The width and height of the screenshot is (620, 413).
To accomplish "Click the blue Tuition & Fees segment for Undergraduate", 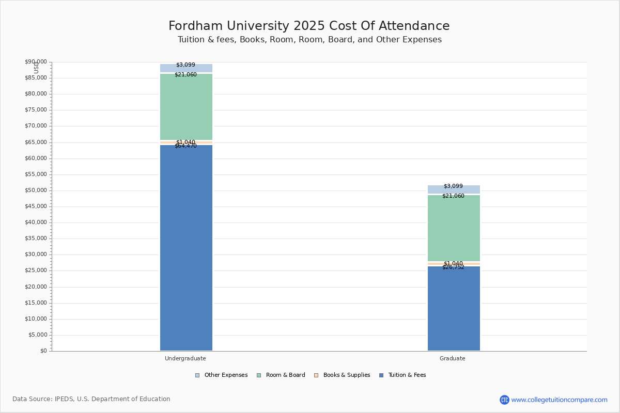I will coord(186,248).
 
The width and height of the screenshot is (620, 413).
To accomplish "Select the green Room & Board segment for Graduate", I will coord(454,228).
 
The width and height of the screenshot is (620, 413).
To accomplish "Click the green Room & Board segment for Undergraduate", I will coord(186,107).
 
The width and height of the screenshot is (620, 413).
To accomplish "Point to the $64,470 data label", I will coord(185,146).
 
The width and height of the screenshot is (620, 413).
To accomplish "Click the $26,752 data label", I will coord(453,267).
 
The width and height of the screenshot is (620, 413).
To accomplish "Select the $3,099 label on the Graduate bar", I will coord(453,186).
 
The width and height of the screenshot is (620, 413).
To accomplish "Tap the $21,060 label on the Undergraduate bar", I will coord(185,75).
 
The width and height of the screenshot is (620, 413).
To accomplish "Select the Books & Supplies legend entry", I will coord(346,375).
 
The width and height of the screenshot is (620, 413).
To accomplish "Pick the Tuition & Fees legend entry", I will coord(407,375).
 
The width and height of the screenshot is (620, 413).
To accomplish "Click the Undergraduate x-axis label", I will coord(185,358).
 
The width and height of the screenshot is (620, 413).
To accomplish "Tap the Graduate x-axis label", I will coord(453,358).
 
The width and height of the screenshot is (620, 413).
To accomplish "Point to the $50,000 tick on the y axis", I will coord(36,190).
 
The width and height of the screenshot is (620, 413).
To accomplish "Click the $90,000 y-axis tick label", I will coord(36,62).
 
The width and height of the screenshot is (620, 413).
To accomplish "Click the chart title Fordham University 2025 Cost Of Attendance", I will coord(309,26).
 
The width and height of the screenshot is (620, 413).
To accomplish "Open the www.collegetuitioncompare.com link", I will coord(559,400).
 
